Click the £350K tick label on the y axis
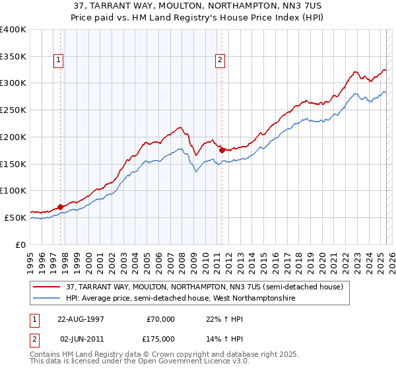13,56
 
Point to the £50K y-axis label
15,217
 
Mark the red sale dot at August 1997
61,207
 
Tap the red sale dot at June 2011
222,150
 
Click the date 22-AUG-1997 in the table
81,319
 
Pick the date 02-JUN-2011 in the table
81,339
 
